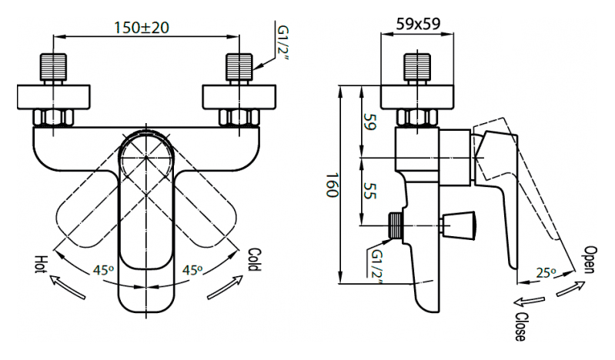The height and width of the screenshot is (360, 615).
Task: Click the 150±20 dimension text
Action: coord(141,28)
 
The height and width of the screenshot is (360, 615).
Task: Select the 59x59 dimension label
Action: coord(418,24)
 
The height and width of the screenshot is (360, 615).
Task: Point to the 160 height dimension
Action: coord(332,185)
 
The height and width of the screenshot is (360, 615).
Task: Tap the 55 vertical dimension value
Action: coord(369,190)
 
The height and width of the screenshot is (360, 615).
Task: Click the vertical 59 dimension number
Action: coord(369,122)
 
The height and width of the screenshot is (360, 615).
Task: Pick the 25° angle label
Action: coord(546,272)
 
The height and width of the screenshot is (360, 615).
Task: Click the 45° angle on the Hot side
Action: coord(104,270)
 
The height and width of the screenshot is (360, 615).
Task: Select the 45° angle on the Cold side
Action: coord(192,270)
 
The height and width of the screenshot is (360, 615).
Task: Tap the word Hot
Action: coord(41,265)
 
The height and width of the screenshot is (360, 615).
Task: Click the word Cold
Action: coord(255,259)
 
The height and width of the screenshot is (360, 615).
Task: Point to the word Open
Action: coord(590,259)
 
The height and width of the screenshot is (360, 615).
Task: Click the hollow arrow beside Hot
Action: coord(67,287)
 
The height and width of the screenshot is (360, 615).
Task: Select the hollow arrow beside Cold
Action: coord(225,287)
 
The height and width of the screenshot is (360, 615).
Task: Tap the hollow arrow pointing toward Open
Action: coord(570,289)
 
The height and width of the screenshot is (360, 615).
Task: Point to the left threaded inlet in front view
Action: coord(53,67)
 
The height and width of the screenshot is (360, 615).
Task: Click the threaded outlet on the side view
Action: coord(396,225)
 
